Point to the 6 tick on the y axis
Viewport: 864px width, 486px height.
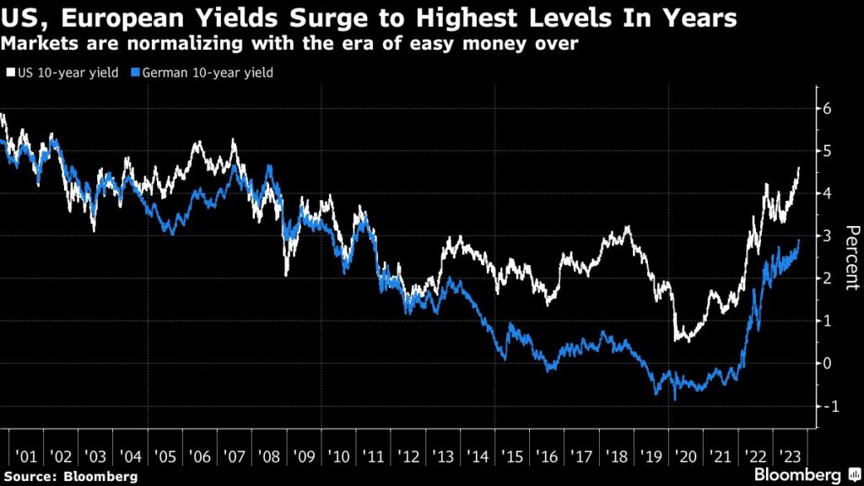tap(829, 108)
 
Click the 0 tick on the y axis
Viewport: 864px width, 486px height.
tap(829, 364)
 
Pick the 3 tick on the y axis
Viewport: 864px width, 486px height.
tap(829, 235)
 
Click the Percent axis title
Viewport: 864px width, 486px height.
tap(851, 257)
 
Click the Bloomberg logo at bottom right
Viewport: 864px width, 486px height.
tap(806, 476)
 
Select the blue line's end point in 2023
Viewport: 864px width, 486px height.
tap(799, 241)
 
